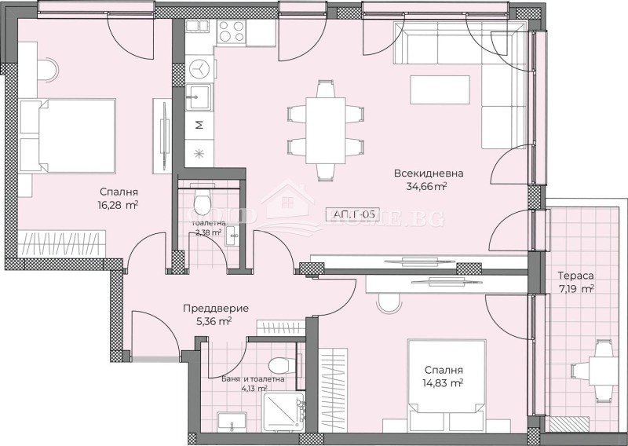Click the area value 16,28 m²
119,204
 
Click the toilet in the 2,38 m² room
202,203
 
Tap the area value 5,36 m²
213,321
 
